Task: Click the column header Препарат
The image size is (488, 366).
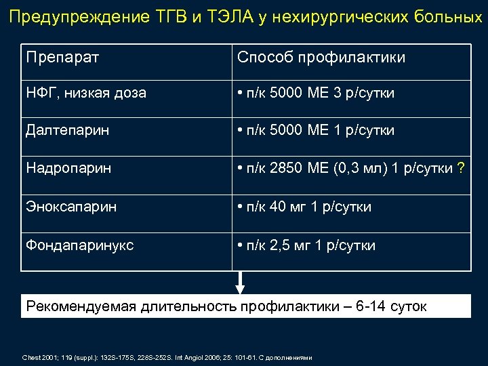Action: (x=62, y=57)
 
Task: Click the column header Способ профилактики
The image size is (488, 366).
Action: (x=321, y=57)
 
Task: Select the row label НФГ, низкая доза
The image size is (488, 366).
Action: (x=86, y=93)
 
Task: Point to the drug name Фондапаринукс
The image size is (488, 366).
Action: (x=80, y=245)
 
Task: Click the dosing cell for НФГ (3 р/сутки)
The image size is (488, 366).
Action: (x=319, y=93)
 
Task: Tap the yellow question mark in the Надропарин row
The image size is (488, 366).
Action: (x=461, y=167)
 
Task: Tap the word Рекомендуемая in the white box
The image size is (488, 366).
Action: (x=81, y=306)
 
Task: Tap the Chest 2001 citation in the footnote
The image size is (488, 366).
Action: (x=40, y=357)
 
